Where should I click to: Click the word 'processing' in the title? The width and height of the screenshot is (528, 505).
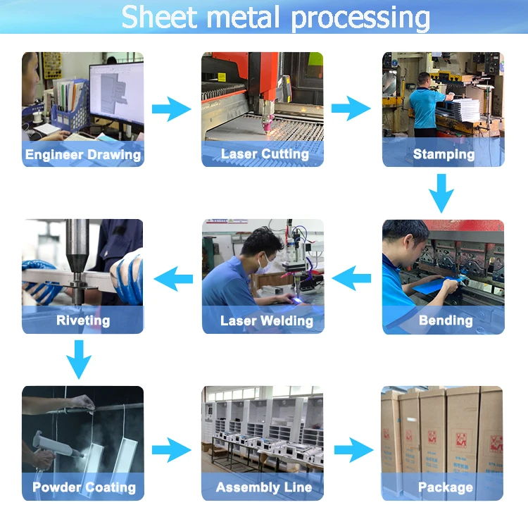[x=360, y=17]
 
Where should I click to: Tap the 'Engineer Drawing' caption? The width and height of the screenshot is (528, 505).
[x=83, y=155]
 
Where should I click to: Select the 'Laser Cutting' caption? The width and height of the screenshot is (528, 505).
[x=265, y=154]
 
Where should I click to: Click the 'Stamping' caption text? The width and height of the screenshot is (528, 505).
[x=444, y=154]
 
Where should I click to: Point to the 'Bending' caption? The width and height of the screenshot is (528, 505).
[x=446, y=320]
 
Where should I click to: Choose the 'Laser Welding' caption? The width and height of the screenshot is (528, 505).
[x=266, y=321]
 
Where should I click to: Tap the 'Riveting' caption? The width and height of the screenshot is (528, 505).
[x=83, y=320]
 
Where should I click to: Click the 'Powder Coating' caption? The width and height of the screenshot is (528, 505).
[x=84, y=487]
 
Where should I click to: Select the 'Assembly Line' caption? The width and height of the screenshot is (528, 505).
[x=264, y=487]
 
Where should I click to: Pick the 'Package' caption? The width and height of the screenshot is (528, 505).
[x=445, y=487]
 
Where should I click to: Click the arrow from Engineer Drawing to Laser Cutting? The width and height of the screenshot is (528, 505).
[x=172, y=109]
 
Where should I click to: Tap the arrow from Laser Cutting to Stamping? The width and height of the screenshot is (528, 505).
[x=351, y=109]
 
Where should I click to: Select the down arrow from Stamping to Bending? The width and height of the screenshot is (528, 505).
[x=442, y=192]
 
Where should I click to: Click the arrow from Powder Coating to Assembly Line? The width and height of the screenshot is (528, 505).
[x=172, y=449]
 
